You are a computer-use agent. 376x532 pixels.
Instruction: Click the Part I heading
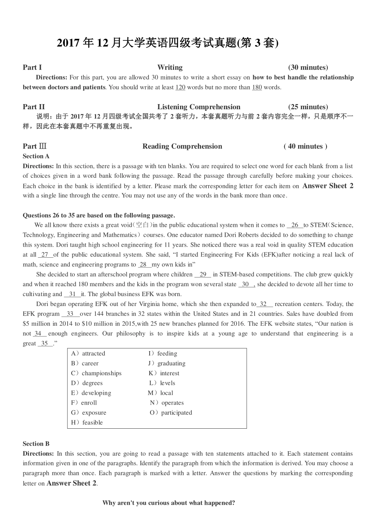tap(32, 67)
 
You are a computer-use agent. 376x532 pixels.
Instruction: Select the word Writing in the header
tap(170, 67)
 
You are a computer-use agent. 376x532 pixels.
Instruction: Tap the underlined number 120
tap(180, 87)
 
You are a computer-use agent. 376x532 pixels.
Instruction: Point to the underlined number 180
tap(257, 87)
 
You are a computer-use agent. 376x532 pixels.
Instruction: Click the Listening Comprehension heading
tap(199, 107)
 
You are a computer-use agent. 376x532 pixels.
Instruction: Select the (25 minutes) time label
tap(308, 107)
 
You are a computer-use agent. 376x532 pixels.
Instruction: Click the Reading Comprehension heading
tap(182, 146)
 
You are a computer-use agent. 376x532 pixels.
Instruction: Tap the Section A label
tap(36, 156)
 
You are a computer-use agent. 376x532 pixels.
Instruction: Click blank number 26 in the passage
tap(295, 225)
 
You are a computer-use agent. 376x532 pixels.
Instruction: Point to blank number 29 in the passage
tap(203, 274)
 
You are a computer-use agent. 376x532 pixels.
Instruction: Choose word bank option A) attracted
tap(88, 353)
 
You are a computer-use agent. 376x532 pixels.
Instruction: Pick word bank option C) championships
tap(96, 373)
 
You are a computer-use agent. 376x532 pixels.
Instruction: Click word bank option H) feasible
tap(87, 422)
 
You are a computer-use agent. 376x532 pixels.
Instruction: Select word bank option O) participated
tap(171, 412)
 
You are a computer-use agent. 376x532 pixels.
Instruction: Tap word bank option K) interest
tap(164, 373)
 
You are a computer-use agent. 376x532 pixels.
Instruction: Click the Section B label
tap(36, 444)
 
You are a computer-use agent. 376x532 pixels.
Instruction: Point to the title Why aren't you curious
tap(169, 503)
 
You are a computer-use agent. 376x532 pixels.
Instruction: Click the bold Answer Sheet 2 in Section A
tap(328, 186)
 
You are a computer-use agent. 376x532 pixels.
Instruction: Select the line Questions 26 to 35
tap(99, 215)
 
